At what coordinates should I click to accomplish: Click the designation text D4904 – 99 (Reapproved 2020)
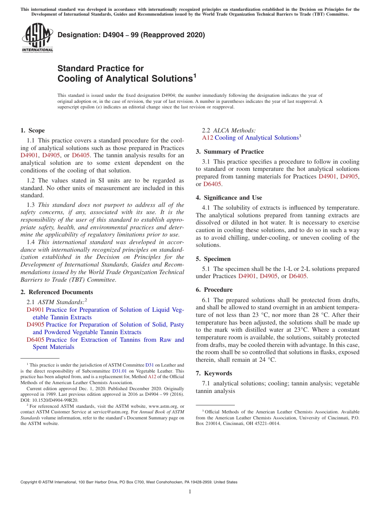click(131, 35)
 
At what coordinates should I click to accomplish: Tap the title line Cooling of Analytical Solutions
click(125, 78)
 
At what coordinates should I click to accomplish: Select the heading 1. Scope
click(32, 130)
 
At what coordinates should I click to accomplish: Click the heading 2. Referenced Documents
click(56, 292)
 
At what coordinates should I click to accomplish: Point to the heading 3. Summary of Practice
click(230, 152)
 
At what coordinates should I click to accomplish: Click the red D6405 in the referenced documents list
click(35, 340)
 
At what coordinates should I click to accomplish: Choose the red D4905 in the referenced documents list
click(35, 325)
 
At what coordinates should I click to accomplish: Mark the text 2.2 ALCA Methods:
click(228, 130)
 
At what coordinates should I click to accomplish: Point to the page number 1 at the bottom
click(190, 492)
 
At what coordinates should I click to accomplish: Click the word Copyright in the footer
click(30, 482)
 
